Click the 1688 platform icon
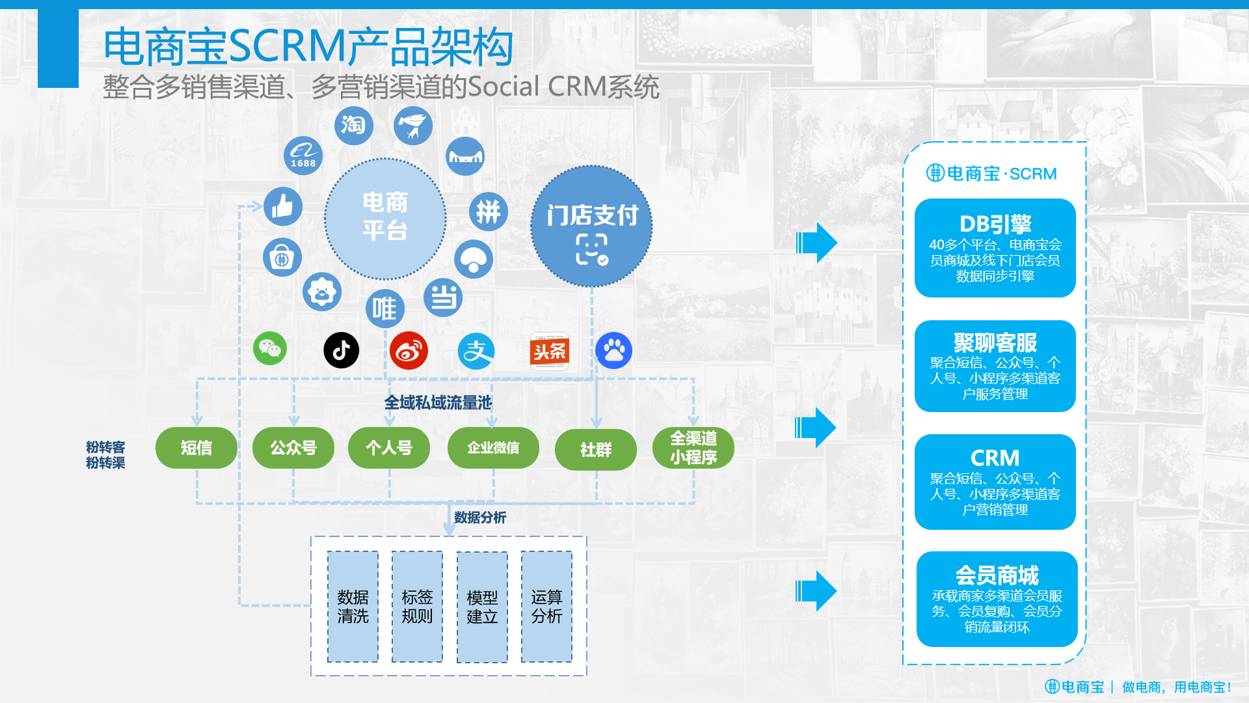pos(303,156)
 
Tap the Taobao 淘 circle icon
pos(354,125)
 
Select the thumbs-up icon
pos(283,206)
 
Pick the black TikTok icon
pos(342,350)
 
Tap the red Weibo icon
pos(409,350)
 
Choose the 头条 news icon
pos(550,351)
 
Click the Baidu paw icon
pos(613,350)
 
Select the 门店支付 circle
pos(592,226)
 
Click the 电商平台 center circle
pos(385,219)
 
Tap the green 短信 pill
pos(196,448)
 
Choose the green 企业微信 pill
pos(493,448)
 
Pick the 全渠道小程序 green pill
pos(693,448)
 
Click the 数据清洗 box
pos(353,607)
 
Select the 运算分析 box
pos(546,607)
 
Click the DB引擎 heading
pos(995,224)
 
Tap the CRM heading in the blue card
pos(995,458)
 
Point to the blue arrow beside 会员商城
pos(816,591)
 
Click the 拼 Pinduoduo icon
pos(489,212)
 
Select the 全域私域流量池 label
pos(438,403)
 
